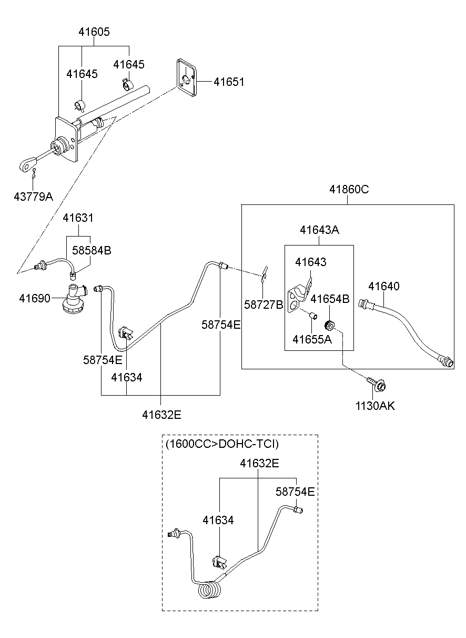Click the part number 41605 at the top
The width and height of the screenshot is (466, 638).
tap(94, 32)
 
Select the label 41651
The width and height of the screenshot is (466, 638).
tap(229, 82)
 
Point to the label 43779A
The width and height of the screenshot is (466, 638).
tap(34, 197)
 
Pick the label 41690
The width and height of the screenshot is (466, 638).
tap(35, 298)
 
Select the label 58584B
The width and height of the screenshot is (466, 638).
tap(92, 251)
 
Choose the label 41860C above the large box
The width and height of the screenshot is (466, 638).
tap(349, 189)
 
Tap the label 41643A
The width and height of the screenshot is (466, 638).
tap(319, 230)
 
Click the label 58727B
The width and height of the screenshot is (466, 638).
tap(264, 304)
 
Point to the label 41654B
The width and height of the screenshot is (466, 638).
tap(330, 299)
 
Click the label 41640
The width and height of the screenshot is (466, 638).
tap(383, 287)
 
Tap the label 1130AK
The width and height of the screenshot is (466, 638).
tap(376, 406)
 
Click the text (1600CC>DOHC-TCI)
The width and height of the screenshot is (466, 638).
tap(222, 444)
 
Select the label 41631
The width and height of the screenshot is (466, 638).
tap(78, 218)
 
